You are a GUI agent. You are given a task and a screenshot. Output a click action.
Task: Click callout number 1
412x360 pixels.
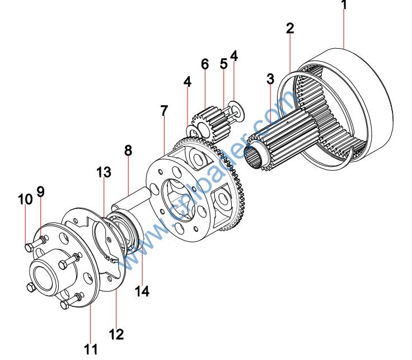click(x=344, y=6)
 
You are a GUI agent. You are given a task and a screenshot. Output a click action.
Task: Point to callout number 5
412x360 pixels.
click(x=223, y=64)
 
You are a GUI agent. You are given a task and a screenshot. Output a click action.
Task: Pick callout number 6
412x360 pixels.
click(x=205, y=64)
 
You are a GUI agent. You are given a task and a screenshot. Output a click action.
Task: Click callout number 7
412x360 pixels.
click(x=163, y=111)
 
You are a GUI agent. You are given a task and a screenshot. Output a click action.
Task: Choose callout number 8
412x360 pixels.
click(x=128, y=151)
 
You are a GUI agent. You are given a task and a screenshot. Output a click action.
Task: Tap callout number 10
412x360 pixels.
click(x=25, y=199)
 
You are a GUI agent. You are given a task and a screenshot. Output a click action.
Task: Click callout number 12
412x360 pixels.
click(x=116, y=335)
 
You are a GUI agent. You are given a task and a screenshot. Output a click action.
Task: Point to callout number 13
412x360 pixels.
click(x=104, y=172)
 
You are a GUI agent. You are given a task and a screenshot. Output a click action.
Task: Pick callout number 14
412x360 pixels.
click(x=142, y=291)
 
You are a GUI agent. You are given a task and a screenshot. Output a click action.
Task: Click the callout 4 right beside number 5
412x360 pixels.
click(x=234, y=56)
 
